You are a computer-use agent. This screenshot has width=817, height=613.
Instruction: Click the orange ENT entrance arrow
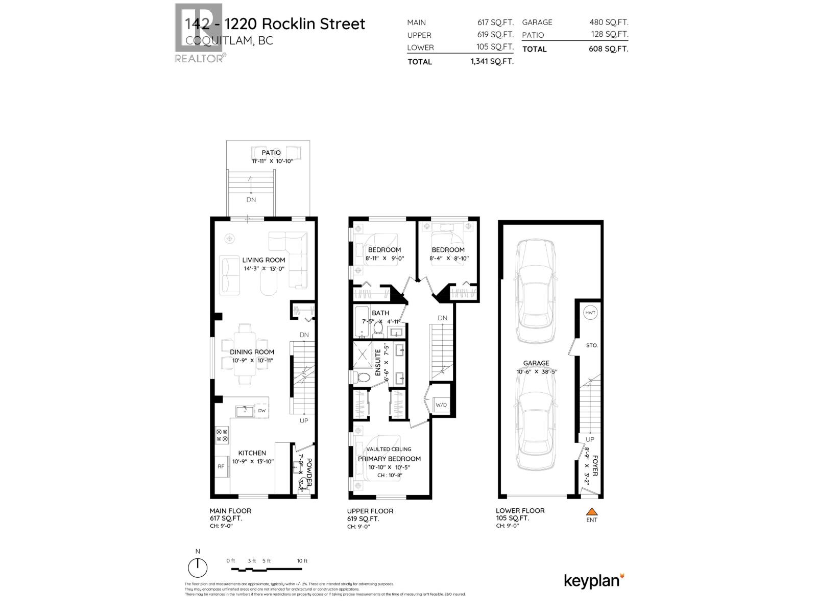[591, 511]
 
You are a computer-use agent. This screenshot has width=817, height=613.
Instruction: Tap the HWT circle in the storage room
[590, 313]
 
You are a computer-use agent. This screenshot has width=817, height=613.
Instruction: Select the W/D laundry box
[441, 405]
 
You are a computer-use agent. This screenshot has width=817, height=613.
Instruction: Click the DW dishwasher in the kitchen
[261, 411]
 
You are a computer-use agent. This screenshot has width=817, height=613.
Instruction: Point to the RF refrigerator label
[221, 466]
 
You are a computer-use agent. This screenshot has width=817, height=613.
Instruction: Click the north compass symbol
[198, 568]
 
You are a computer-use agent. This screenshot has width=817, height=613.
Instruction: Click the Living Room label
[263, 260]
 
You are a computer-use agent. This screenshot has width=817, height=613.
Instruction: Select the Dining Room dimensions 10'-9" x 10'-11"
[253, 360]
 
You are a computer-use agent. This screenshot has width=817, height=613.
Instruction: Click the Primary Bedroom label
[389, 459]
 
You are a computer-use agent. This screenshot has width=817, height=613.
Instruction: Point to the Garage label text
[536, 363]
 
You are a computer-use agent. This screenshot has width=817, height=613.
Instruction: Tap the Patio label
[271, 153]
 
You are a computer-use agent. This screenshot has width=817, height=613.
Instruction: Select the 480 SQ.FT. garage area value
[609, 22]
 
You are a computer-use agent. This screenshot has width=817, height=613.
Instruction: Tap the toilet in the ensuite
[364, 378]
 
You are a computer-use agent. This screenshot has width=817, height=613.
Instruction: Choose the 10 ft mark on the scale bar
[302, 561]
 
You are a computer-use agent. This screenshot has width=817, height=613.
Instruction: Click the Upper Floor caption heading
[370, 511]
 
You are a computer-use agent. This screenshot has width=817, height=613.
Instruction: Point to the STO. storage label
[592, 346]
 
